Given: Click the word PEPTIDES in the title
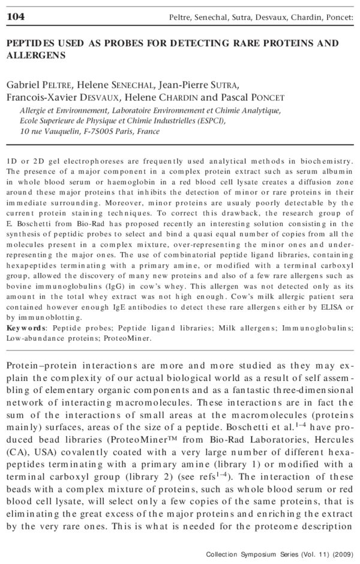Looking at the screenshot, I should pyautogui.click(x=29, y=43).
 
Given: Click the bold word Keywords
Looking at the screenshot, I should pyautogui.click(x=25, y=328).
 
